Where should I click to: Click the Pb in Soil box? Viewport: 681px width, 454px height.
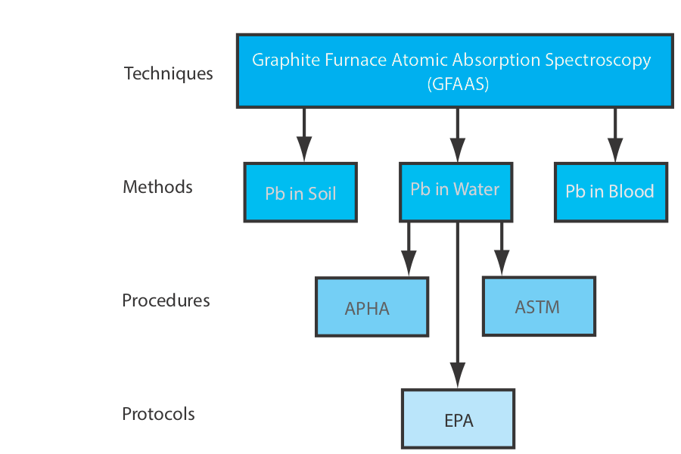click(x=300, y=192)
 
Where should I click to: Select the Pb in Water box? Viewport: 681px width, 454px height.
click(x=455, y=189)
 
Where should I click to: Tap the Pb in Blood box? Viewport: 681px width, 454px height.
click(x=610, y=191)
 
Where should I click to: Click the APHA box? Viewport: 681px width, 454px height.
click(x=372, y=307)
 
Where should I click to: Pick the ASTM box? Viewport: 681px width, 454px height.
click(x=538, y=306)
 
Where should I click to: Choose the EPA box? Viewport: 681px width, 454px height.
click(x=459, y=418)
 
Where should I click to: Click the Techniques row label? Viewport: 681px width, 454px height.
click(x=168, y=73)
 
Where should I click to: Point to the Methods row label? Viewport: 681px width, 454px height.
click(x=157, y=187)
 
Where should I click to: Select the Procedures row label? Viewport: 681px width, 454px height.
click(x=166, y=300)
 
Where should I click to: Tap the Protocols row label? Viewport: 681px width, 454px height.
click(x=158, y=414)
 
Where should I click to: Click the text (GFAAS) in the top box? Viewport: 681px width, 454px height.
click(x=458, y=84)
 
